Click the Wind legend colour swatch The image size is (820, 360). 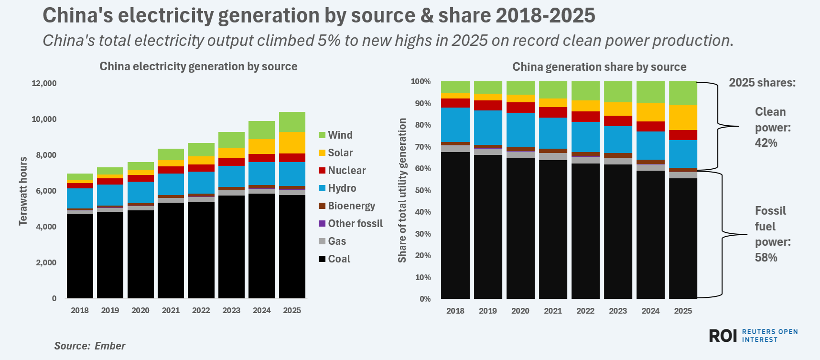[x=322, y=135]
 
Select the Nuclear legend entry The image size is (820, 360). [x=346, y=171]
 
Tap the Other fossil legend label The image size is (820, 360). [x=355, y=224]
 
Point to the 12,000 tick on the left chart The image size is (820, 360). [x=44, y=83]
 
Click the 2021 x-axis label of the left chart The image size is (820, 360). [x=171, y=310]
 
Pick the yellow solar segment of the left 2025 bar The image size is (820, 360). [x=292, y=142]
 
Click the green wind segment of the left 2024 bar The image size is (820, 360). [x=261, y=130]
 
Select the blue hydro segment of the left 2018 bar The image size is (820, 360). [x=80, y=198]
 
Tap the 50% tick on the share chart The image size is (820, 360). [x=422, y=190]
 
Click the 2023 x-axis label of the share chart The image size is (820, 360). [x=618, y=311]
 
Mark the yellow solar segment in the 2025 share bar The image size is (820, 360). [x=683, y=118]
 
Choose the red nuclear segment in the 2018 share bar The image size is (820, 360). [x=455, y=103]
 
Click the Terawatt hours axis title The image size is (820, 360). [x=23, y=191]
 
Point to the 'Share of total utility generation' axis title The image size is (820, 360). [x=402, y=190]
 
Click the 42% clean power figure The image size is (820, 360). [x=766, y=143]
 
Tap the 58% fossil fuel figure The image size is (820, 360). [x=766, y=258]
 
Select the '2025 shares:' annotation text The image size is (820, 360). [x=762, y=83]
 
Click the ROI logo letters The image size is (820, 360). [x=723, y=336]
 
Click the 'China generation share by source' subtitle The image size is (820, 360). [x=599, y=67]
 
